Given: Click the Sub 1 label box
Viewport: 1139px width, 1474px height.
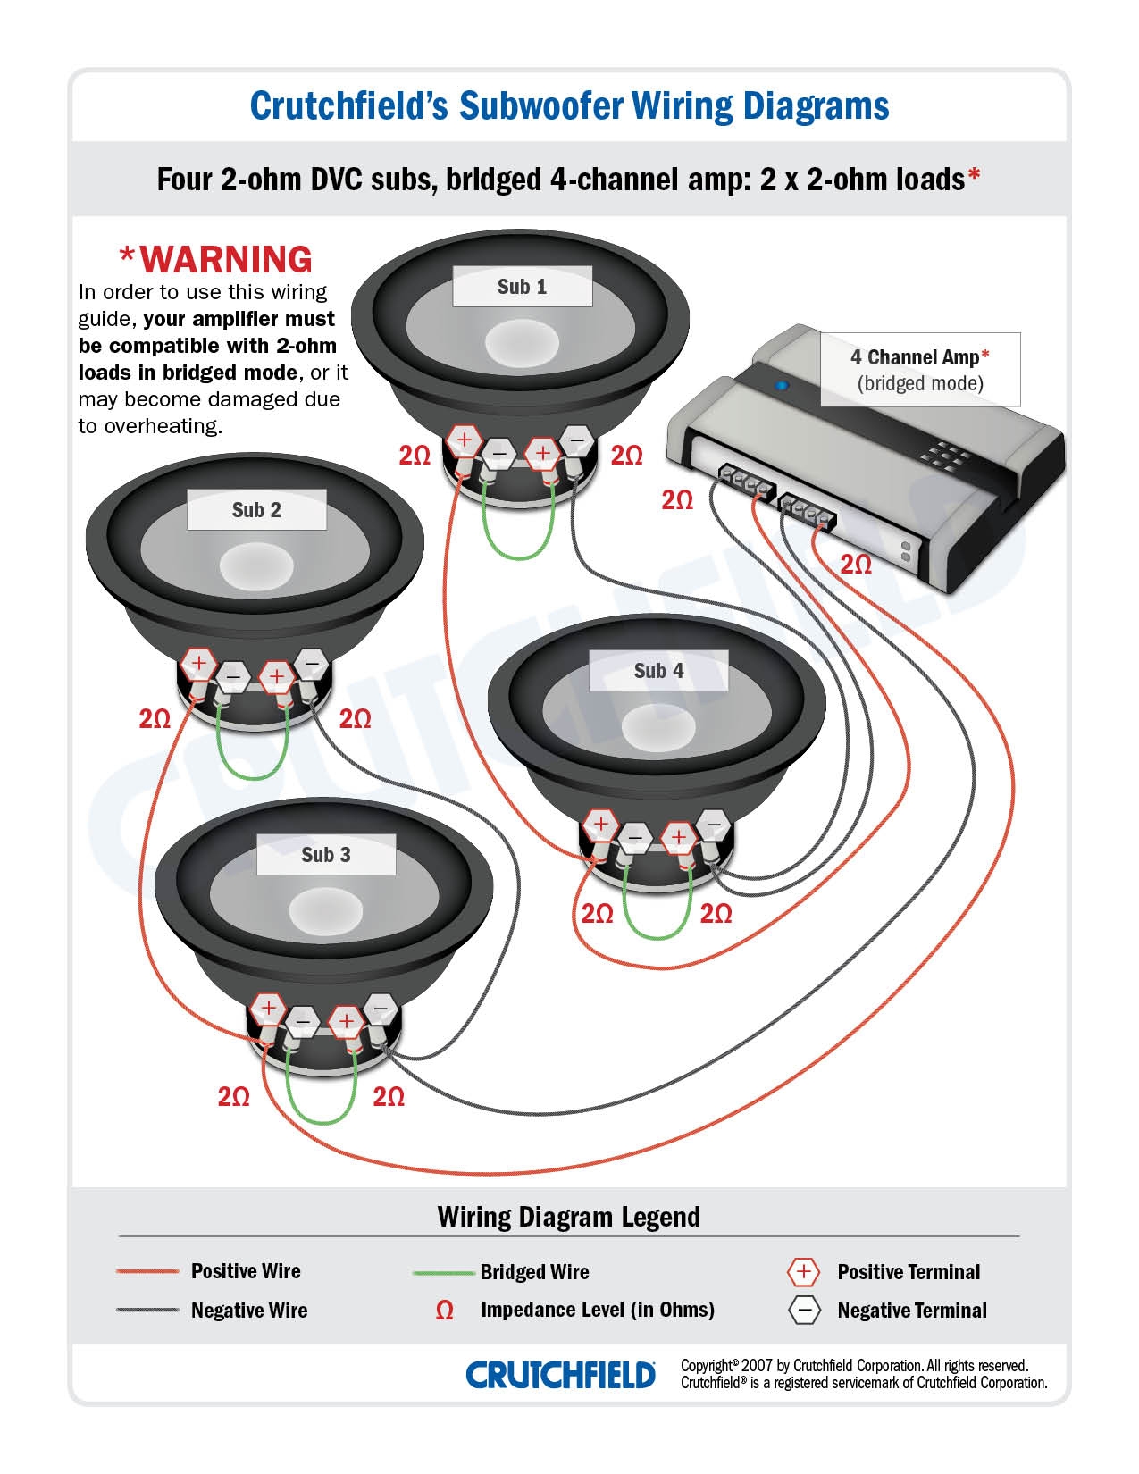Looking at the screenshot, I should (522, 287).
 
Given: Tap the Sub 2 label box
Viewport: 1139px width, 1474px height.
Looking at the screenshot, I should (256, 510).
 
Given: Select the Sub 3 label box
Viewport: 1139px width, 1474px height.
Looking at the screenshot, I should (326, 855).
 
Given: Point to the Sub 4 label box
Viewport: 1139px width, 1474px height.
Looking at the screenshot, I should (658, 671).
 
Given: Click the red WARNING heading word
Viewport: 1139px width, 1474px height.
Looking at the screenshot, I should (226, 259).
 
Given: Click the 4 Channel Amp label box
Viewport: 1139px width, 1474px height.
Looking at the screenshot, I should (919, 370).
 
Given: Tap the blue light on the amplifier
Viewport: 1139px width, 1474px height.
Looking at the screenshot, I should (783, 386).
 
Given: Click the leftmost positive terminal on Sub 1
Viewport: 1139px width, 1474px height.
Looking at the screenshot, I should (464, 440).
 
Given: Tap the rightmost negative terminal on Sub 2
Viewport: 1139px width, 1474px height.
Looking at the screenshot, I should (311, 664).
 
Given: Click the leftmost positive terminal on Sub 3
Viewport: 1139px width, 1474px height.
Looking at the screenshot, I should (267, 1009).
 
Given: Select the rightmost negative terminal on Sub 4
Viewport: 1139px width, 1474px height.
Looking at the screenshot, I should (713, 823).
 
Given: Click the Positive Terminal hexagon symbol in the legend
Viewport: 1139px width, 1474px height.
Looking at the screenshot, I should (803, 1271).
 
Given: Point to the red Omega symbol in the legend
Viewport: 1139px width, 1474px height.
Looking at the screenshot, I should (444, 1311).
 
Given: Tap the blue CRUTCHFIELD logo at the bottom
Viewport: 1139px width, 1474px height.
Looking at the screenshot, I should (560, 1375).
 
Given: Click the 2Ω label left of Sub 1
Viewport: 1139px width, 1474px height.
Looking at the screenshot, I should (415, 456).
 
